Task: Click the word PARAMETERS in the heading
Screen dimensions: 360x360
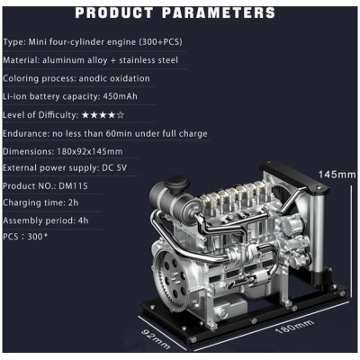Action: coord(219,13)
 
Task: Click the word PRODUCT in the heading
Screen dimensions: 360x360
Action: coord(114,13)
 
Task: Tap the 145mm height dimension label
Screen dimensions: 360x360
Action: coord(337,175)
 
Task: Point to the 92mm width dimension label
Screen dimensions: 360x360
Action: coord(156,338)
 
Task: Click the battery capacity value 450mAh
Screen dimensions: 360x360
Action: coord(120,96)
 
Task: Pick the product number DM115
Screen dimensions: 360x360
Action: coord(73,186)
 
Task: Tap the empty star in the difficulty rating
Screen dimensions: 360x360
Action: coord(121,115)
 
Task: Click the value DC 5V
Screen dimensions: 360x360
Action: coord(114,167)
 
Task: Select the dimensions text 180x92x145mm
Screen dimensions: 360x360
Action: coord(89,151)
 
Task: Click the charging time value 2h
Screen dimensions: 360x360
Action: coord(73,202)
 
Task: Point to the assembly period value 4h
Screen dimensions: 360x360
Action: coord(83,220)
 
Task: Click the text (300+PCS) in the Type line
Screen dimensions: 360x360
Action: coord(160,41)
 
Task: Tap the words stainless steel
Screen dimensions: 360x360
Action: coord(148,60)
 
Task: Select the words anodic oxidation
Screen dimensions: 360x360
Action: coord(114,78)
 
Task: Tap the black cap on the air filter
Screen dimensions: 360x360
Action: coord(176,182)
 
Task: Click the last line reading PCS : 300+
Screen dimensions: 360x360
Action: coord(25,237)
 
